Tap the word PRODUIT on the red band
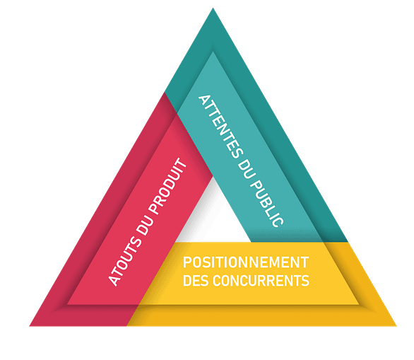[x=167, y=186]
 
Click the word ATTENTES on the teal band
[x=220, y=127]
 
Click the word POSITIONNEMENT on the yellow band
[x=246, y=262]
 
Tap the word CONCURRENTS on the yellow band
[x=261, y=281]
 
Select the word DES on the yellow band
[x=196, y=281]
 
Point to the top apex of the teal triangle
[x=213, y=8]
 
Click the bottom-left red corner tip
[x=30, y=325]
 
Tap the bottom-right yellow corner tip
[x=396, y=325]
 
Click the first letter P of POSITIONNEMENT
[x=187, y=262]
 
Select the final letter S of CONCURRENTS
[x=305, y=281]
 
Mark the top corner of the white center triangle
[x=213, y=177]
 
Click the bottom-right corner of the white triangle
[x=251, y=242]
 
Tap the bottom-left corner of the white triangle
[x=176, y=242]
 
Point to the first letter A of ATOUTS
[x=114, y=281]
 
